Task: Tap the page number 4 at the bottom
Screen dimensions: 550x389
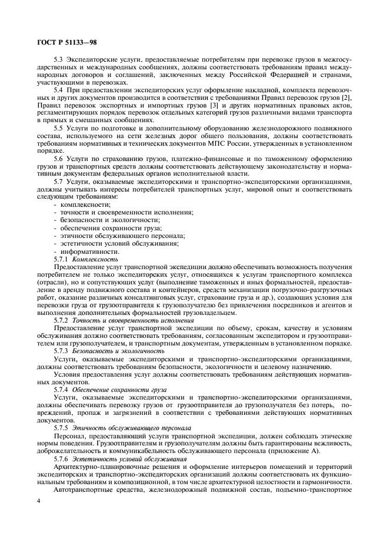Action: point(37,501)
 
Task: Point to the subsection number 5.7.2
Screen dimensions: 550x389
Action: point(62,321)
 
